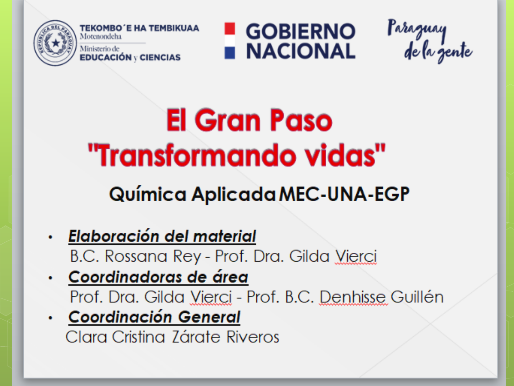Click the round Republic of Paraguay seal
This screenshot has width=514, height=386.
(55, 43)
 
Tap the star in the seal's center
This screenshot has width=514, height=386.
(56, 43)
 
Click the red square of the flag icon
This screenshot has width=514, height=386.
(230, 28)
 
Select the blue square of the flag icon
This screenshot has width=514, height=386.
(230, 53)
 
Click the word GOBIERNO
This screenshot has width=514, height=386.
(301, 31)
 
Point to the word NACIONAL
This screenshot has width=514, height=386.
(301, 51)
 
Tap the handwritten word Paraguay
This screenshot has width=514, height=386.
(417, 30)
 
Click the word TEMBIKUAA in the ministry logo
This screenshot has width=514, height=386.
(174, 28)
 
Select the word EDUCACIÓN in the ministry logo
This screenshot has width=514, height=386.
(106, 58)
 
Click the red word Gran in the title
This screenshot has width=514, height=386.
(227, 120)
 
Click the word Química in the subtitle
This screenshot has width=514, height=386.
(148, 194)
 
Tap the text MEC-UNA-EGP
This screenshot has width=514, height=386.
(344, 194)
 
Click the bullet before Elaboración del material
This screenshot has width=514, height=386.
(50, 237)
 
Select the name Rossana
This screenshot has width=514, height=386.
(136, 256)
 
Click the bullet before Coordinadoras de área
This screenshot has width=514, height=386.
(50, 278)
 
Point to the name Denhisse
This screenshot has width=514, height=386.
(353, 297)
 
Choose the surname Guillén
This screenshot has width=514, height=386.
(417, 297)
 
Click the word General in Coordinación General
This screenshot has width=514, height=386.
(209, 317)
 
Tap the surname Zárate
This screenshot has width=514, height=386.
(196, 337)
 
